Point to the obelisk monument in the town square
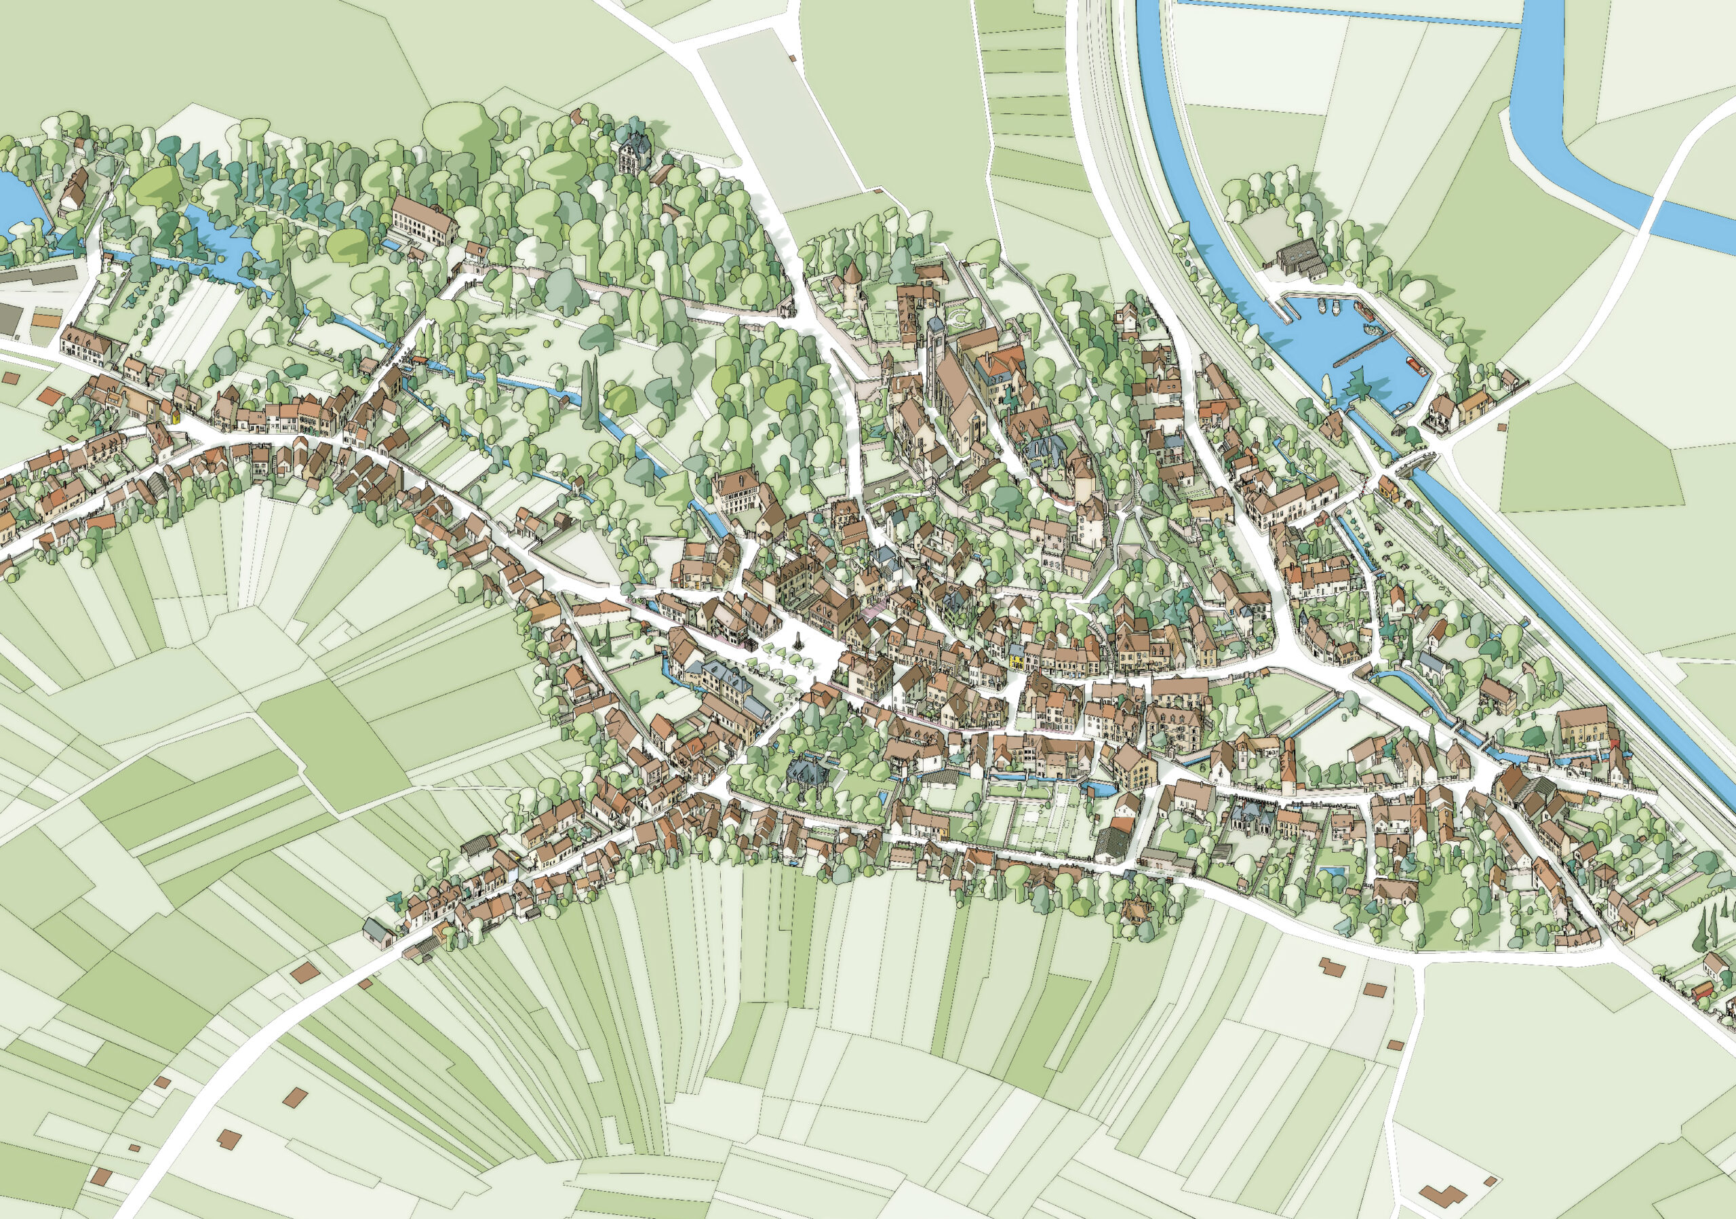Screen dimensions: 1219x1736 click(x=796, y=640)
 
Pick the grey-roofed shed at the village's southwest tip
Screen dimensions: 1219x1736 click(x=377, y=930)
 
